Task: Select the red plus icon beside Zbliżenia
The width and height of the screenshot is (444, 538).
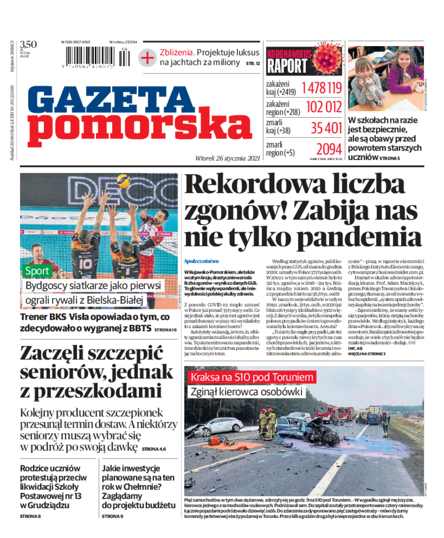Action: tap(147, 57)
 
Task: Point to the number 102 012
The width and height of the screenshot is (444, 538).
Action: tap(324, 107)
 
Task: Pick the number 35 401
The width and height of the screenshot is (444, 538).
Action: tap(326, 128)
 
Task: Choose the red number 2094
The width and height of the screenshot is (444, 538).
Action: tap(329, 149)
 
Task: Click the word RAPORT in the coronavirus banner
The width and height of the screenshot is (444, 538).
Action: tap(287, 66)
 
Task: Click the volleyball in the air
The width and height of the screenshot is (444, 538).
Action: tap(123, 181)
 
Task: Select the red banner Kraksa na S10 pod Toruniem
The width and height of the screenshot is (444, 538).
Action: tap(252, 378)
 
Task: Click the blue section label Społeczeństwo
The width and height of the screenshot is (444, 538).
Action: tap(201, 260)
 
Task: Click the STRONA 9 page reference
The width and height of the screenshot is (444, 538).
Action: tap(113, 516)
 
